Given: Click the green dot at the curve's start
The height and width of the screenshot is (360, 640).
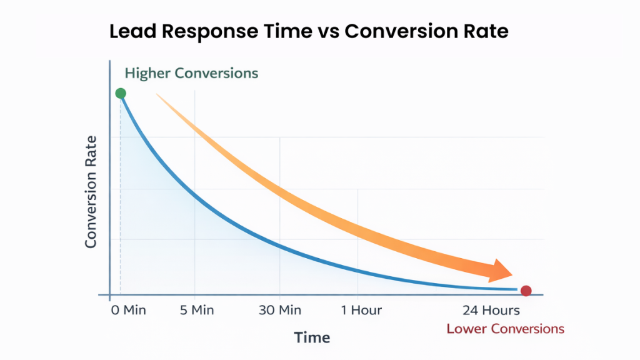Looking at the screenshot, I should tap(121, 94).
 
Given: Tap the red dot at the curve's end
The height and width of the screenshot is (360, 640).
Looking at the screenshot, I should tap(526, 291).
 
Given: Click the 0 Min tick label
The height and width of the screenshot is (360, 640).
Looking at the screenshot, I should tap(127, 310).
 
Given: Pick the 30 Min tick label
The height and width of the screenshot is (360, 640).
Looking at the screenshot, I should tap(279, 310).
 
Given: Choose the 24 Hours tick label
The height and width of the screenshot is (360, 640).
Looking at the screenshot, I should tap(491, 310).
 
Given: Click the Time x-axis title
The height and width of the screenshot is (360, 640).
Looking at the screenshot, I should tap(312, 337).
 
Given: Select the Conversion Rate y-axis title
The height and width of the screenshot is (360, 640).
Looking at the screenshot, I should tap(91, 192).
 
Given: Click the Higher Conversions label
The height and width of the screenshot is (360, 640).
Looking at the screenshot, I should tap(191, 72).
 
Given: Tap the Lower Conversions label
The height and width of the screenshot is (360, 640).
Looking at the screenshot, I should tap(505, 329).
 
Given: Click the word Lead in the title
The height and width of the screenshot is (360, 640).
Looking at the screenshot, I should tap(129, 32).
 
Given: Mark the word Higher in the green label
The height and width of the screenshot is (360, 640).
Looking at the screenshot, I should tap(147, 72).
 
